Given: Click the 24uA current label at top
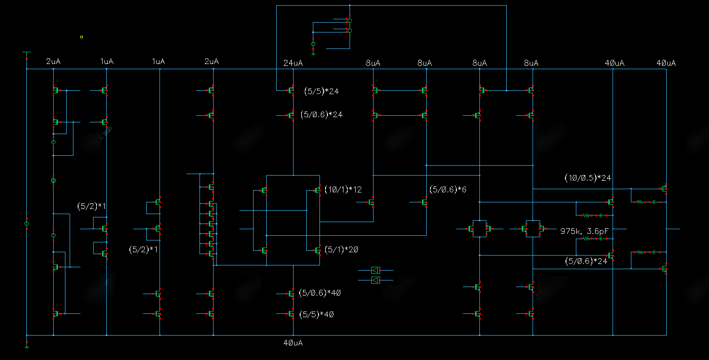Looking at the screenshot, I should (293, 63).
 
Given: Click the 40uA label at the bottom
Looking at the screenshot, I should (293, 343).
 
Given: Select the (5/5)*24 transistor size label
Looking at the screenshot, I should (321, 91).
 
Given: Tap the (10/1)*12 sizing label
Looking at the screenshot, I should (343, 189).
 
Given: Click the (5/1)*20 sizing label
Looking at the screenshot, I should (341, 250).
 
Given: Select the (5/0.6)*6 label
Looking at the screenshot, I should (448, 189).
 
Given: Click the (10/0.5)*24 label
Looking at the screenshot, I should (587, 178).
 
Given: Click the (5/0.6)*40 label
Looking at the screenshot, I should (319, 293).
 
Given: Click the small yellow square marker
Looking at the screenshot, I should (81, 37).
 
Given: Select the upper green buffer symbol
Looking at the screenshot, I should (375, 270).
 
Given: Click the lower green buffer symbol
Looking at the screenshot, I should (375, 280).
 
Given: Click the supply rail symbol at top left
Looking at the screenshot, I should (27, 53).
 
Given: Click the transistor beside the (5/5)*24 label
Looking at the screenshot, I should (291, 90).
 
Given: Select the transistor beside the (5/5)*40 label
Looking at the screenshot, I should (291, 314).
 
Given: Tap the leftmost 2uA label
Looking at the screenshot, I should (53, 62).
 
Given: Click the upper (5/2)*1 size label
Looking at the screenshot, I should (92, 206).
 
